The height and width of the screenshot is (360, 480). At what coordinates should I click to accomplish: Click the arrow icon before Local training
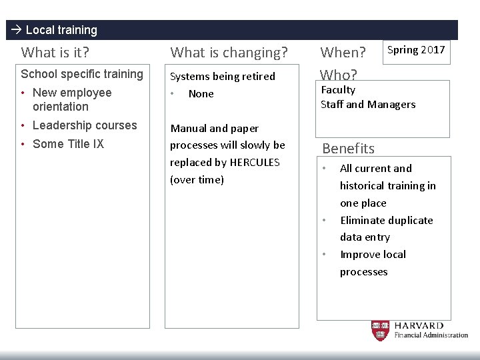tap(16, 30)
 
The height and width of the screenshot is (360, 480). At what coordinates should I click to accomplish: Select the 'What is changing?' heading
tap(229, 52)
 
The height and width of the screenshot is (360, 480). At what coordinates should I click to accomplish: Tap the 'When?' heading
tap(343, 52)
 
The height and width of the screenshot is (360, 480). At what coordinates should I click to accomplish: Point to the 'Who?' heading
tap(339, 75)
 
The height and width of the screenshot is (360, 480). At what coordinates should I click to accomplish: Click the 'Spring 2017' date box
tap(416, 51)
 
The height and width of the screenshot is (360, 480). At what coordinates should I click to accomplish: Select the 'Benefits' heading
tap(348, 148)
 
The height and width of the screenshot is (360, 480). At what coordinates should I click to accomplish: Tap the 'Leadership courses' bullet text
tap(84, 125)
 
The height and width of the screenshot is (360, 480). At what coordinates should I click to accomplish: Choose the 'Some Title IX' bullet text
tap(68, 144)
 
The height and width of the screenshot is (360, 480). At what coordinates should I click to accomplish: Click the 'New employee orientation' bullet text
tap(71, 99)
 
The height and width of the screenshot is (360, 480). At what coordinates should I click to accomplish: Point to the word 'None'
tap(201, 94)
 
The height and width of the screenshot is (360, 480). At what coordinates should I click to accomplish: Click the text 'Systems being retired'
tap(223, 76)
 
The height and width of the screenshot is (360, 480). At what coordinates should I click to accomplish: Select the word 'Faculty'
tap(338, 90)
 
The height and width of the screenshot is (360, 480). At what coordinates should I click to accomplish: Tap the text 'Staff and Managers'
tap(367, 104)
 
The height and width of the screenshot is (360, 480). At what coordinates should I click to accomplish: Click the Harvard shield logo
tap(380, 330)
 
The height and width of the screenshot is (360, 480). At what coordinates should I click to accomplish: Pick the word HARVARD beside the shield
tap(419, 325)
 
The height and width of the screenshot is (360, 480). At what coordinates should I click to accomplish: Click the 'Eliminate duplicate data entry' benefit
tap(386, 229)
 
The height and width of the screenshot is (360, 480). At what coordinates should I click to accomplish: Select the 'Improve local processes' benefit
tap(373, 263)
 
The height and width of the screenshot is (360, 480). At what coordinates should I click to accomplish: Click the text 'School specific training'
tap(82, 74)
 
